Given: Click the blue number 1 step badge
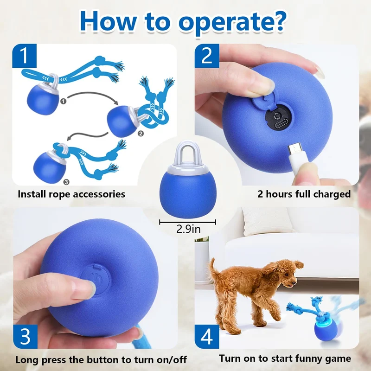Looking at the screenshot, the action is point(25,56).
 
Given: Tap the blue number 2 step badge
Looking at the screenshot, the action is point(207,56).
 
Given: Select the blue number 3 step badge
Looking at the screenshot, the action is point(26,337).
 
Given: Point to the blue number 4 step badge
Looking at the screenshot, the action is point(207,337).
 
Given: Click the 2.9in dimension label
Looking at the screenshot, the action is point(188,229).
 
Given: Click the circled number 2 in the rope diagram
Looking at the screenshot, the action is point(141,134).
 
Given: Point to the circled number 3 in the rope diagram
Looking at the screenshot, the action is point(66,182).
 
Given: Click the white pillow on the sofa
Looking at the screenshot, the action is point(266,221).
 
